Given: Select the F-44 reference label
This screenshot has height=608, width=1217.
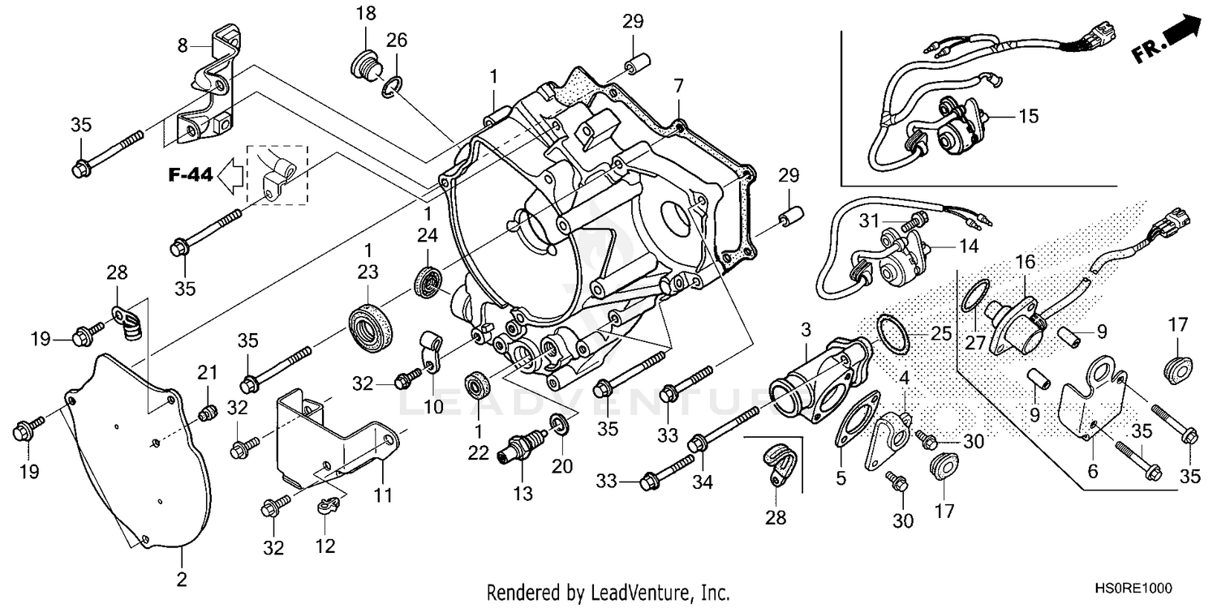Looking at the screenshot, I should click(x=191, y=174).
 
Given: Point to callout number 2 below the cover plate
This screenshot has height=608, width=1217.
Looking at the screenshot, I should click(x=182, y=579).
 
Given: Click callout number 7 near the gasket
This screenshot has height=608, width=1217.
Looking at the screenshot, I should click(x=678, y=85).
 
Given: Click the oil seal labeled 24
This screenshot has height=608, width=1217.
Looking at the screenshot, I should click(x=428, y=280).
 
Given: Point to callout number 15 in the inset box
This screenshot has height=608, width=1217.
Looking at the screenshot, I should click(x=1028, y=117).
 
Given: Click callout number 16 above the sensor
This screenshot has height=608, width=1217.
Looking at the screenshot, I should click(x=1026, y=261).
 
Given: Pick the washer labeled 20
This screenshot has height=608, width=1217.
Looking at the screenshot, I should click(x=559, y=422).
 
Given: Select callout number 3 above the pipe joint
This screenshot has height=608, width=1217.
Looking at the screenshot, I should click(x=805, y=330).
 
